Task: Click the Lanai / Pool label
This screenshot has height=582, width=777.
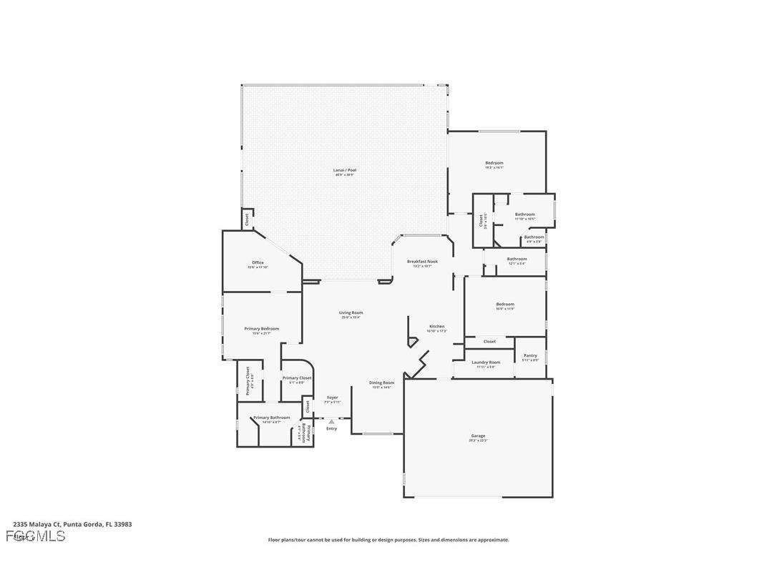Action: point(344,171)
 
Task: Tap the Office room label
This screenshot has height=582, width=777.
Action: point(258,263)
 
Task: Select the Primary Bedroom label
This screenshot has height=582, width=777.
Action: point(261,329)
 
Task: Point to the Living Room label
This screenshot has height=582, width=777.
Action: point(351,313)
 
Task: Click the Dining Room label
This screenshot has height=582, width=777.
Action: point(381,383)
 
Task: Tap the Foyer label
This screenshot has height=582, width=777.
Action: point(332,398)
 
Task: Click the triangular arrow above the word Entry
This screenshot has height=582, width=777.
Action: point(331,422)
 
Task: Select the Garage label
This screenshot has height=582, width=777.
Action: point(477,436)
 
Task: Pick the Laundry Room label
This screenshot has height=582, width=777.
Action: point(486,362)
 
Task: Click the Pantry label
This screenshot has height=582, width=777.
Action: point(530,356)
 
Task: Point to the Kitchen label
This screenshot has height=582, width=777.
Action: point(436,327)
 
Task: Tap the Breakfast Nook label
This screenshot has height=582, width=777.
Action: point(422,262)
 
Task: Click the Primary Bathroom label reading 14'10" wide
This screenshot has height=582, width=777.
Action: point(271,418)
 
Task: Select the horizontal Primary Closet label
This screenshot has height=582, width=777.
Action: point(296,378)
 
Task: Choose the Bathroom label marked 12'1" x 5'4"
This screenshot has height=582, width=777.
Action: point(517,260)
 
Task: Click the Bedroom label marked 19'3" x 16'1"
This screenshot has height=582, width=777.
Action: point(494,164)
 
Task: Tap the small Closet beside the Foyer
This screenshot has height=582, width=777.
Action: point(308,406)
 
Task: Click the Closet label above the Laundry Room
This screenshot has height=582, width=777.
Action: point(489,342)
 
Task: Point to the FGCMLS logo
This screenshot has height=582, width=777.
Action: point(36,536)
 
